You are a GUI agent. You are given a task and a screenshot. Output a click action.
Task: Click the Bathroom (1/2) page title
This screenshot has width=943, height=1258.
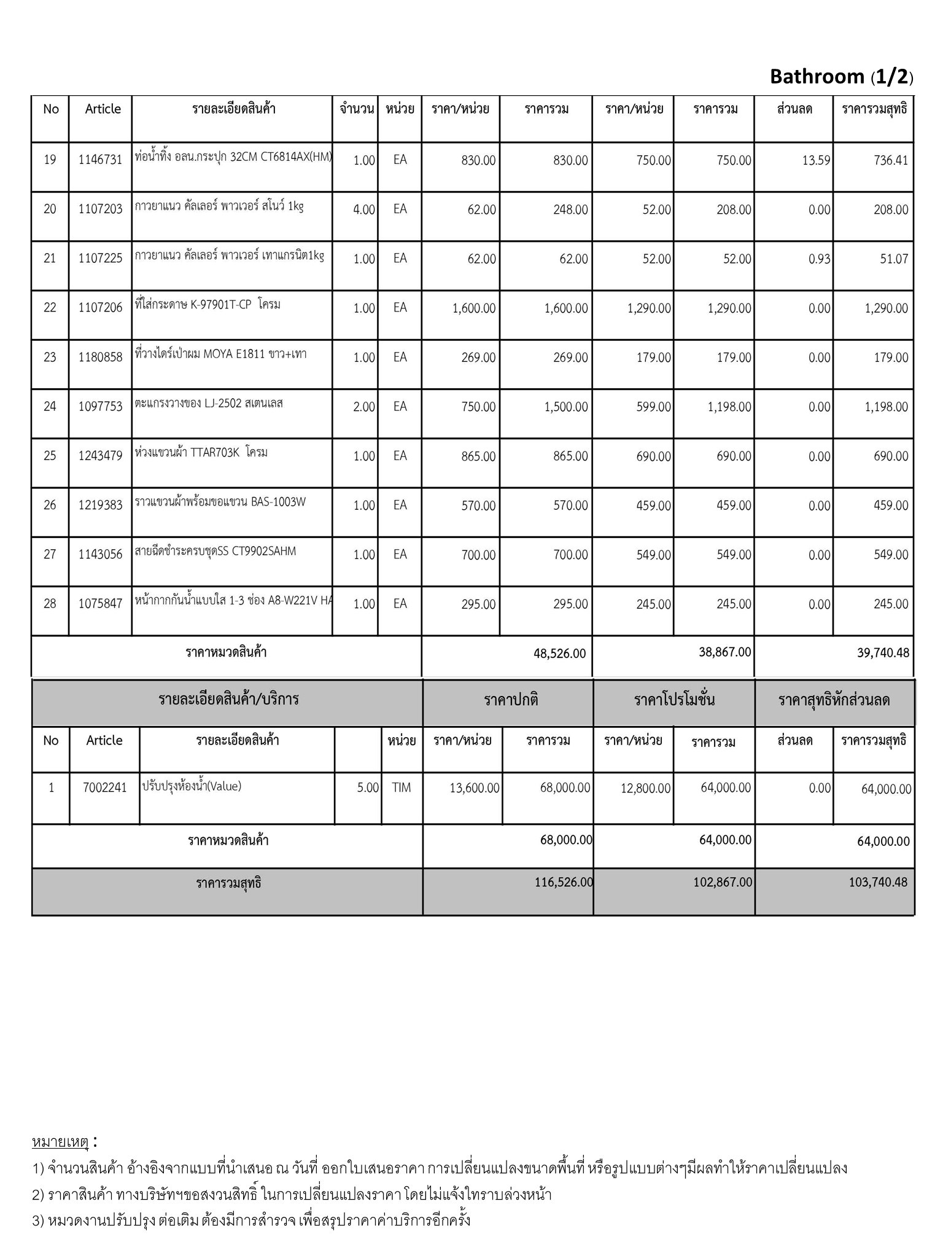pos(841,77)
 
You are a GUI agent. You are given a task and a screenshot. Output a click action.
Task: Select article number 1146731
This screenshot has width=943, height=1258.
pos(100,160)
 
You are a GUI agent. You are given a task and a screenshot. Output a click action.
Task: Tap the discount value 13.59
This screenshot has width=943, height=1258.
pos(816,160)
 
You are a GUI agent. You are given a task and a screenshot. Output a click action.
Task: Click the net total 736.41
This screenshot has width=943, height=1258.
pos(891,160)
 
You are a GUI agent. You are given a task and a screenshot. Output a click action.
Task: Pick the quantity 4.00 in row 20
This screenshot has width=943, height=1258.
pos(363,209)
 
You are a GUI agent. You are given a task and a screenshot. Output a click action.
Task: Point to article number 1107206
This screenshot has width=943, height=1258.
pos(100,308)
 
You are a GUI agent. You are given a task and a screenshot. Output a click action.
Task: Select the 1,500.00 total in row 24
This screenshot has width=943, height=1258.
pos(565,407)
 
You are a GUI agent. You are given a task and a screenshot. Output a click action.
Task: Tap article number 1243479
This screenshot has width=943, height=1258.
pos(100,456)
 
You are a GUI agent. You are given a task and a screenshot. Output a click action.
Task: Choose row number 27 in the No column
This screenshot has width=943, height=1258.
pos(50,554)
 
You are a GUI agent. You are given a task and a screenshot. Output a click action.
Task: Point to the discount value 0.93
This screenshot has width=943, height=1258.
pos(819,259)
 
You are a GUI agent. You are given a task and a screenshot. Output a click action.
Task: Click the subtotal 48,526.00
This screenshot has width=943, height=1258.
pos(559,653)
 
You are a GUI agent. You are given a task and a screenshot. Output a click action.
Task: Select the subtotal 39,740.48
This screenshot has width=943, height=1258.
pos(883,652)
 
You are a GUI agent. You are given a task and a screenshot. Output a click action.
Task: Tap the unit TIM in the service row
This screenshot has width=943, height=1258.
pos(401,787)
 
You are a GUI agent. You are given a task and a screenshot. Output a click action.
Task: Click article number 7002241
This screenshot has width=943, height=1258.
pos(104,787)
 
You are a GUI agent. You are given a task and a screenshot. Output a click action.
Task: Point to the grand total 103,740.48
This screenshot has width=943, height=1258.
pos(878,882)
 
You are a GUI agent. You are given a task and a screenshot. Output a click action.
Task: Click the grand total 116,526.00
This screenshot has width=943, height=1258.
pos(564,882)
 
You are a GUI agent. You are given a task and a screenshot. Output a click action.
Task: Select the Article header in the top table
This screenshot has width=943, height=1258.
pos(103,109)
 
